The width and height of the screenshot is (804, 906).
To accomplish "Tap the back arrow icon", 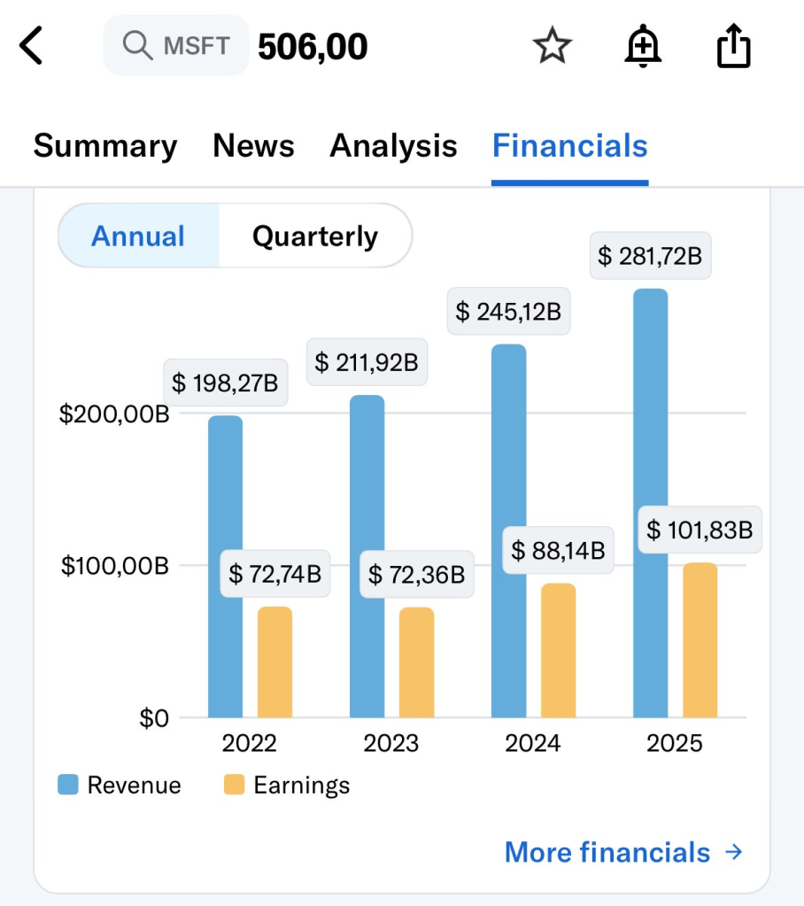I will [32, 46].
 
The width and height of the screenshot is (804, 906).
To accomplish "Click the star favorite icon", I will [553, 46].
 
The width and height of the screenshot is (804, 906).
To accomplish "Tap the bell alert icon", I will [643, 46].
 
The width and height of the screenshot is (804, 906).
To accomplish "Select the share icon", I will [733, 46].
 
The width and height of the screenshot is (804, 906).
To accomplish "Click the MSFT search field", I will [175, 45].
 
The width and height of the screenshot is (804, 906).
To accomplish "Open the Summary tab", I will [105, 146].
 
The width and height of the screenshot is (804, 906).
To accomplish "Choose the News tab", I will [253, 146].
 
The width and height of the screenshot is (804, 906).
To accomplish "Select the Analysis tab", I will [393, 146].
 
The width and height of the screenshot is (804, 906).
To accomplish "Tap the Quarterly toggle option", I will [315, 236].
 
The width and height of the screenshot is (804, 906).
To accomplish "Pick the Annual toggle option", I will [138, 236].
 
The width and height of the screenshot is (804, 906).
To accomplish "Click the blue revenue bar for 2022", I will [225, 567].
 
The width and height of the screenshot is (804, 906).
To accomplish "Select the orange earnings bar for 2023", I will [416, 662].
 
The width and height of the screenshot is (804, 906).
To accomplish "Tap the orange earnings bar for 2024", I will [558, 650].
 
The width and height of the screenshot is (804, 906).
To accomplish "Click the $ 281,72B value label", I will [650, 257].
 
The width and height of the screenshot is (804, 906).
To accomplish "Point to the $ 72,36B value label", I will [416, 575].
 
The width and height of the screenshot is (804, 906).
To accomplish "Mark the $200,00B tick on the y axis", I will [114, 414].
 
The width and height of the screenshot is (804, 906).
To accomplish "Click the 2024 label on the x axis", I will [533, 743].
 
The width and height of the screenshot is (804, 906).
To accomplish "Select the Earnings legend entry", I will [287, 785].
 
